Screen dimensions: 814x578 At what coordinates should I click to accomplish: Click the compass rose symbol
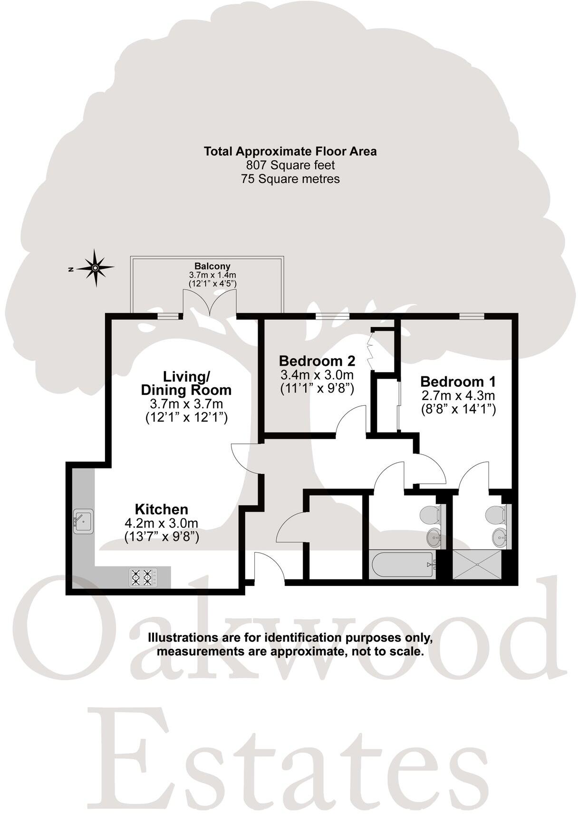pos(95,268)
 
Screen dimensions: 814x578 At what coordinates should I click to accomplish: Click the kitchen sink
pos(83,521)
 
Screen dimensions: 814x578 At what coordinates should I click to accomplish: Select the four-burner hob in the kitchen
pos(143,577)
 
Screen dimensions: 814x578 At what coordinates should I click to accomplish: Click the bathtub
pos(402,565)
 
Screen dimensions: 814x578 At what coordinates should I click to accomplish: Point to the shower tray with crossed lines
pos(477,565)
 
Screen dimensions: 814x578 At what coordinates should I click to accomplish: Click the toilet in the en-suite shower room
pos(497,514)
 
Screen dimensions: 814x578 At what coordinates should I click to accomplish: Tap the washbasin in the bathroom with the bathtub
pos(434,538)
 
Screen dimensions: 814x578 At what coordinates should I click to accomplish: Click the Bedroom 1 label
pos(458,382)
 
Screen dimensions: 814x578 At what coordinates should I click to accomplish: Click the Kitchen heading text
pos(162,509)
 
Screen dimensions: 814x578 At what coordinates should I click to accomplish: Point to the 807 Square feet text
pos(290,165)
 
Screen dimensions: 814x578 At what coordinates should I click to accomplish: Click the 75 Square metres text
pos(290,179)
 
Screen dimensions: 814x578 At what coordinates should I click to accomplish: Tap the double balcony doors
pos(210,304)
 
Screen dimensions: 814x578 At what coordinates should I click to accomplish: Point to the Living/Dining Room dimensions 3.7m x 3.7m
pos(186,404)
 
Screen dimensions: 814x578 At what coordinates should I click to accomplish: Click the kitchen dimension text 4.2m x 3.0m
pos(161,523)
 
